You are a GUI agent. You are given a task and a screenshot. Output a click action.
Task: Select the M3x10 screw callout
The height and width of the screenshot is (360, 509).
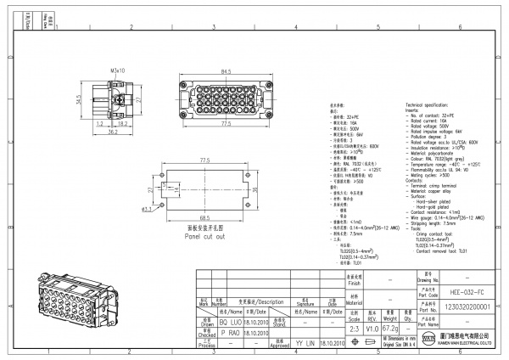118,71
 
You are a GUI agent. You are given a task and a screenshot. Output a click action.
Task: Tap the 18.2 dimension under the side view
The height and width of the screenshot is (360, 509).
122,124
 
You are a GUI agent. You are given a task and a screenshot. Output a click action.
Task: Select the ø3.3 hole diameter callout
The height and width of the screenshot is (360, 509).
146,209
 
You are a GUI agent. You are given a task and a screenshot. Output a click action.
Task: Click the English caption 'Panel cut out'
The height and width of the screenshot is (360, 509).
204,236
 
